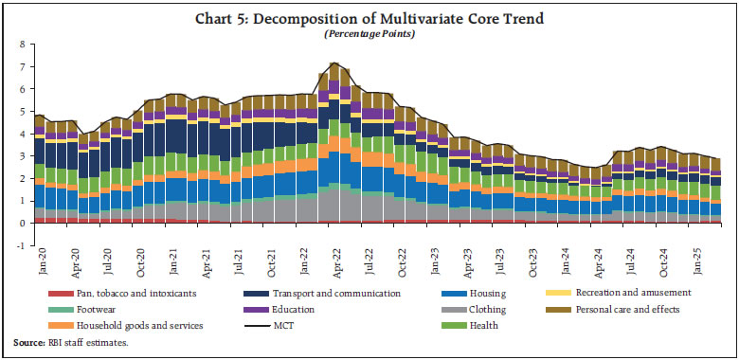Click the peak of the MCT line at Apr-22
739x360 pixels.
pos(333,63)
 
